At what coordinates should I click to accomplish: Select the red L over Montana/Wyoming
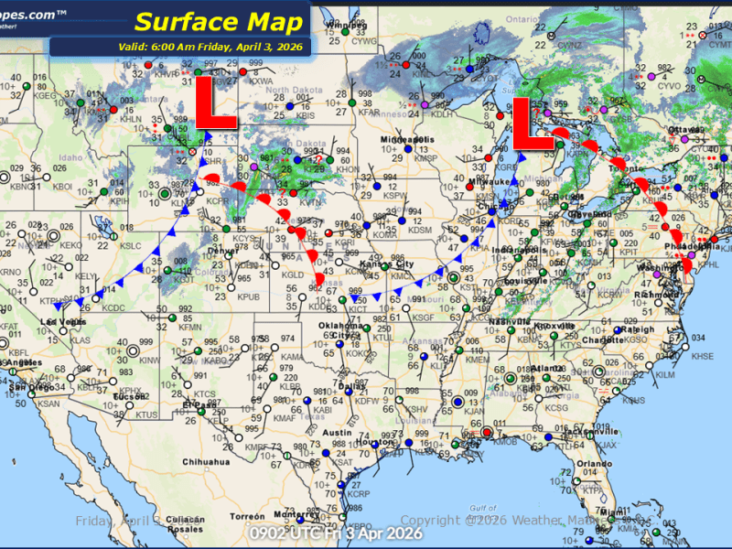(x=217, y=108)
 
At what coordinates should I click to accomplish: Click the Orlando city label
(x=594, y=463)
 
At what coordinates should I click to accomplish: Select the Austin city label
(x=338, y=432)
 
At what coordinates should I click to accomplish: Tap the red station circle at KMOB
(x=488, y=432)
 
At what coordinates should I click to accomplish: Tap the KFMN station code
(x=190, y=326)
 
